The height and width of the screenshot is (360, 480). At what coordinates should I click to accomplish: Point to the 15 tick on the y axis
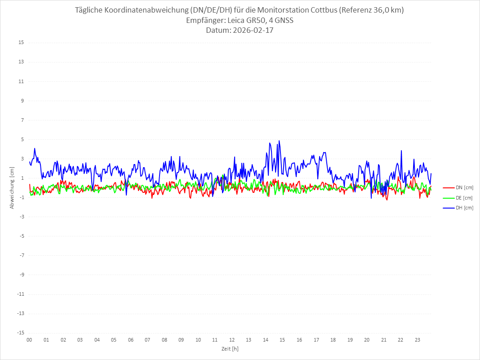pos(21,43)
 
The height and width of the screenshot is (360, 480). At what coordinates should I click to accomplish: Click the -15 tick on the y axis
pos(20,333)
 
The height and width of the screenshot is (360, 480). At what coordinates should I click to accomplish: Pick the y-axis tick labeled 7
pos(22,120)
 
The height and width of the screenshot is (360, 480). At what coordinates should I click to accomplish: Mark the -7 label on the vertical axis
pos(21,255)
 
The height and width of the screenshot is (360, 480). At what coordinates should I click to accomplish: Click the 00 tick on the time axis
pos(29,340)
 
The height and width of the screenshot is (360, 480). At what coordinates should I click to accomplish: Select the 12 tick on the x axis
pos(232,340)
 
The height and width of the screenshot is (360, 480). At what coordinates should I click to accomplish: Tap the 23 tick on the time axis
pos(418,340)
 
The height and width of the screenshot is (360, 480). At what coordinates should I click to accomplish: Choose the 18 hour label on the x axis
pos(333,340)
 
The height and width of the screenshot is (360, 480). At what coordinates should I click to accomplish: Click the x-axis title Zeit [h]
pos(230,349)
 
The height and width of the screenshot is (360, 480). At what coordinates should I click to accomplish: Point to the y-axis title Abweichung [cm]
pos(12,187)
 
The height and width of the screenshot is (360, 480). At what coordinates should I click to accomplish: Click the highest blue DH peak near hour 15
pos(279,141)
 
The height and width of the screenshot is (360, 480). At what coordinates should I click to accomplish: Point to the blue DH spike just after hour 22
pos(401,151)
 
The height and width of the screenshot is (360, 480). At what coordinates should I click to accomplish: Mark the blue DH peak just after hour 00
pos(35,149)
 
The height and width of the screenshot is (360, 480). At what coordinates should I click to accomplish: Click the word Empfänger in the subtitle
pos(202,20)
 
